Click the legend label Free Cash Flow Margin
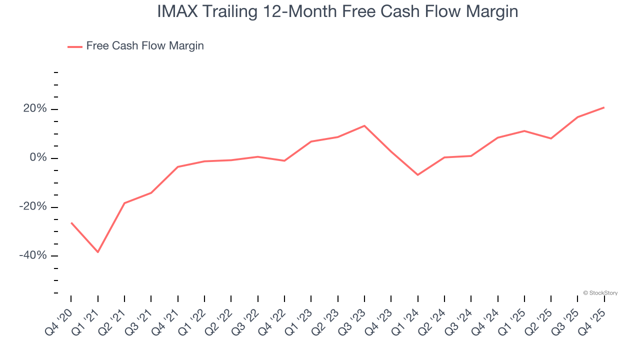coord(145,46)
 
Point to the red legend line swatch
coord(75,46)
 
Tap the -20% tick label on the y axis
coord(33,206)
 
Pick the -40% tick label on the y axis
coord(33,255)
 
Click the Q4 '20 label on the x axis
coord(59,321)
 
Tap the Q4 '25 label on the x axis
coord(593,321)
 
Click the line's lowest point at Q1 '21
coord(98,252)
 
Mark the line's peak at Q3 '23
coord(364,125)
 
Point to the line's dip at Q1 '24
coord(417,175)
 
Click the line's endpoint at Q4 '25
coord(604,107)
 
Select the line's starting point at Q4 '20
coord(71,222)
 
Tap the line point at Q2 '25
coord(551,138)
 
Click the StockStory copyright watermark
coord(600,293)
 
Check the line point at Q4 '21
coord(178,167)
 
